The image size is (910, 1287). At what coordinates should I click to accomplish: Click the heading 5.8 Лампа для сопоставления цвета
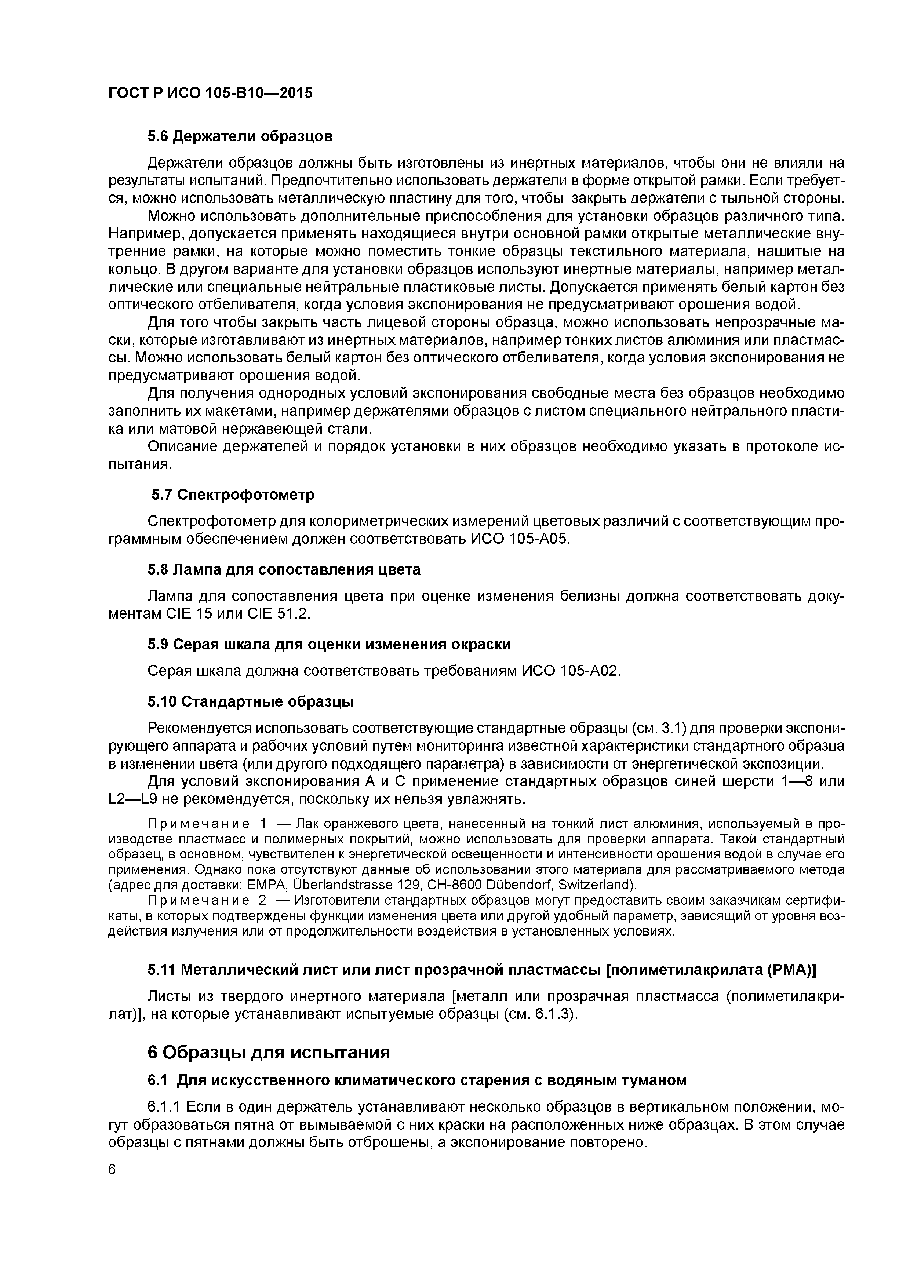284,569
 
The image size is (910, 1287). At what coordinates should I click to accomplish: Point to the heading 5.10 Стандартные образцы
251,702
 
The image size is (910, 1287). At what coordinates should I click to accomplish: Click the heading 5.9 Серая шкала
329,645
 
